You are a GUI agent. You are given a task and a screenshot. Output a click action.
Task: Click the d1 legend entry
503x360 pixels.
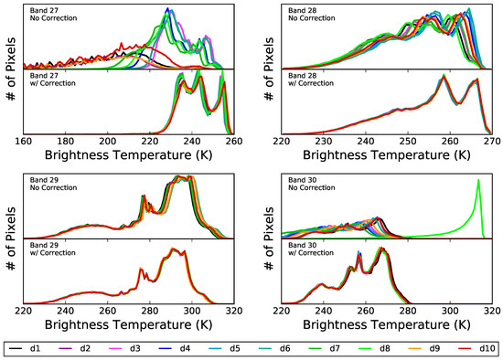coord(25,348)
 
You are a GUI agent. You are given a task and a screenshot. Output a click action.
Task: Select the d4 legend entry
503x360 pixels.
coord(174,348)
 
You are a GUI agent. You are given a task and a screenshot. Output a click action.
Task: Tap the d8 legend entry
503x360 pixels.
coord(374,348)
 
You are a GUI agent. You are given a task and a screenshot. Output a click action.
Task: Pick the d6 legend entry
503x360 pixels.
coord(274,348)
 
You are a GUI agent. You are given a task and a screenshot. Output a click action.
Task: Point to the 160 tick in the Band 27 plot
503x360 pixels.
coord(24,142)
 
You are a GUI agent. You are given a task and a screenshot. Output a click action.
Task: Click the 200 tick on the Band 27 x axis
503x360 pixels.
coord(108,142)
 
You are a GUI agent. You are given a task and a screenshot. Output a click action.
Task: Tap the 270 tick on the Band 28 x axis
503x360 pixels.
coord(492,142)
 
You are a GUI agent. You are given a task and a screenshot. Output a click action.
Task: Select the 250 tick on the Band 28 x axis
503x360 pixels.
coord(408,142)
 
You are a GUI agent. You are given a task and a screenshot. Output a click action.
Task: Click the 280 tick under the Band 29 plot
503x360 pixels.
coord(149,311)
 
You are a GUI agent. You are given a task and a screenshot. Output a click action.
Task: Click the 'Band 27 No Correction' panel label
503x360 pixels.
coord(53,15)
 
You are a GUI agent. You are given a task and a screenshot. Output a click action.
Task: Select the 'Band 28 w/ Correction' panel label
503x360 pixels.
coord(311,79)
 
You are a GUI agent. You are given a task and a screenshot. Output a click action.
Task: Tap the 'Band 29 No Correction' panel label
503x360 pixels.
coord(53,184)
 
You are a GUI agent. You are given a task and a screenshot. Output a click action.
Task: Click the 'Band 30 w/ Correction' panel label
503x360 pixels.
coord(311,249)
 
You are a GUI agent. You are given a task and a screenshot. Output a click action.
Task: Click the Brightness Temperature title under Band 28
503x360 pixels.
coord(387,155)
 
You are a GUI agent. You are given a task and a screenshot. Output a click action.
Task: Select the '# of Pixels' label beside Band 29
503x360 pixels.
coord(11,238)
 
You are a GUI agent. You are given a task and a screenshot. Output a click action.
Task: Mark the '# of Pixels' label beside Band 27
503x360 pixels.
coord(11,69)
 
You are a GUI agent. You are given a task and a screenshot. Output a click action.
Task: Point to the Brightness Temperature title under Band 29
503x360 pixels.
coord(128,324)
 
